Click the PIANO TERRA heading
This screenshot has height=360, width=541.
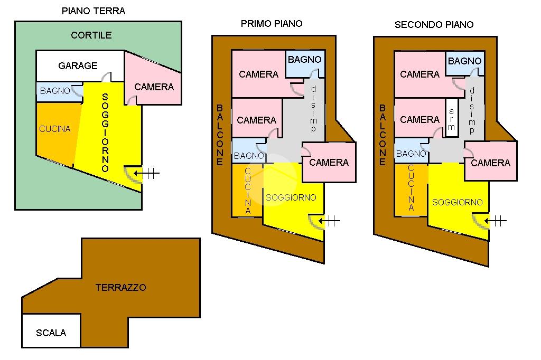(94, 11)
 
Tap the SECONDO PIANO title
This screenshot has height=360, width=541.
(434, 24)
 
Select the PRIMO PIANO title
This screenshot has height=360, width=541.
(272, 23)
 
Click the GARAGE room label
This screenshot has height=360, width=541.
(78, 66)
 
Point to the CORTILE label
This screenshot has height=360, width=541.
(91, 35)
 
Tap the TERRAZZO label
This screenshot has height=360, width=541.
(121, 288)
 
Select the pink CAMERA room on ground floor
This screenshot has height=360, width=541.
(154, 87)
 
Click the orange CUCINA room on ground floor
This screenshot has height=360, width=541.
(55, 129)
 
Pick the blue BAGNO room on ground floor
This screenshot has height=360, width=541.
(55, 91)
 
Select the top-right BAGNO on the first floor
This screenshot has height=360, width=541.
(304, 60)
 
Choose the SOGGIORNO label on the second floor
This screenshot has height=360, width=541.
(458, 202)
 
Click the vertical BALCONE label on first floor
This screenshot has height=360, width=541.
(219, 135)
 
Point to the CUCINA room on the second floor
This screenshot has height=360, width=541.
(411, 189)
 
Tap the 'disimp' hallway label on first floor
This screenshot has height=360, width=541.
(313, 109)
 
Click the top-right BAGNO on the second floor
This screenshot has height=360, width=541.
(465, 61)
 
